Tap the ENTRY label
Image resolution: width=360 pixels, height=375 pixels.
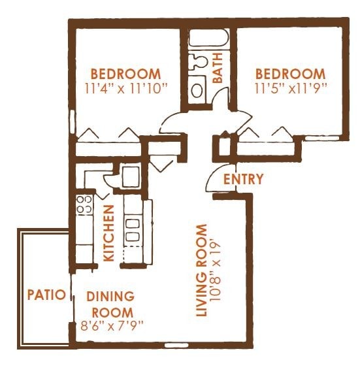coord(243,179)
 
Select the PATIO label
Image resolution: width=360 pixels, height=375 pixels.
coord(46,295)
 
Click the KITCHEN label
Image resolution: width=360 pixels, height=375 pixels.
coord(109,233)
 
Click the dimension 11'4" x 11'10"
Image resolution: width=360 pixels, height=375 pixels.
coord(125,86)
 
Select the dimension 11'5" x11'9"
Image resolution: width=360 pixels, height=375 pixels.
coord(290,86)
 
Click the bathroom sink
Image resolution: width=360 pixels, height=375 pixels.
coord(197,63)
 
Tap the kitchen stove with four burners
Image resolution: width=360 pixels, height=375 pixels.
coord(84,205)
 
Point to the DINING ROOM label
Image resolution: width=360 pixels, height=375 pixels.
coord(111,304)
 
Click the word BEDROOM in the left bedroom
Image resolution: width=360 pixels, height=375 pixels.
coord(125,73)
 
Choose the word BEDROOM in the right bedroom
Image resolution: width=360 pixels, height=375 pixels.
coord(290,73)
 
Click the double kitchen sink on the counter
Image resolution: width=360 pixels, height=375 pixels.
coord(133,231)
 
